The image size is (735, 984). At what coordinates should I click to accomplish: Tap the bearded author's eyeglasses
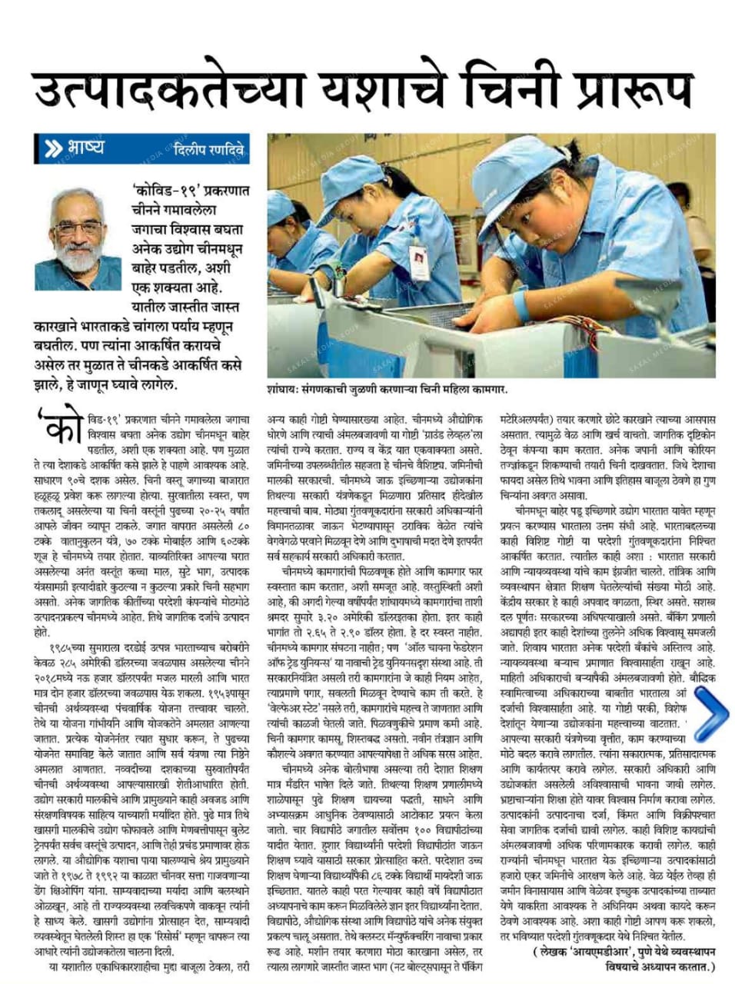pos(80,228)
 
